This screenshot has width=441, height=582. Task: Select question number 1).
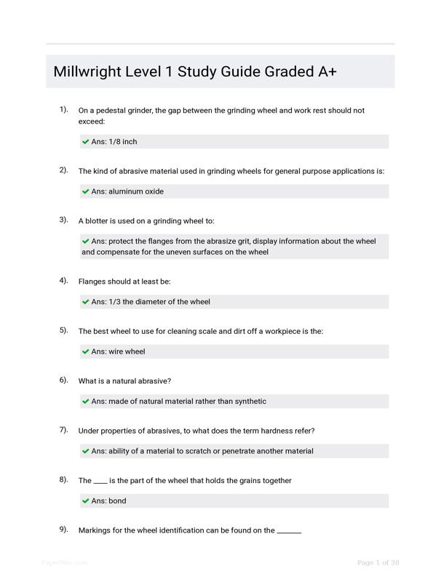point(64,110)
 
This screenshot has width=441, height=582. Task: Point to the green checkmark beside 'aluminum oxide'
point(86,192)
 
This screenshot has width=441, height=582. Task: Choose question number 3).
point(64,220)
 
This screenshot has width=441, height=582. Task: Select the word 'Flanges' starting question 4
point(93,282)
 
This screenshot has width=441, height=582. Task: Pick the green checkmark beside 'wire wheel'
point(86,352)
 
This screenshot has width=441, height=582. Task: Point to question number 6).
point(64,380)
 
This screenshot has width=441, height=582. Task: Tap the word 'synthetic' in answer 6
point(249,401)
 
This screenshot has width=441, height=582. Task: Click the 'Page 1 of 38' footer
point(378,562)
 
